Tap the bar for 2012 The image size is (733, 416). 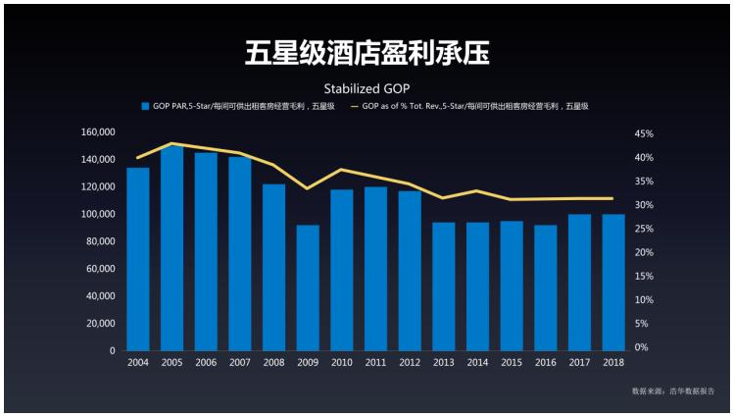click(410, 270)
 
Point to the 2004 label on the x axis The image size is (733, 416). click(138, 363)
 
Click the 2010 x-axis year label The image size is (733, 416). click(342, 363)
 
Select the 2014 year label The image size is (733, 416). click(477, 363)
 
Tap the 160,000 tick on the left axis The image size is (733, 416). click(99, 131)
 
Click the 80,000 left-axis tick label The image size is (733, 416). click(102, 241)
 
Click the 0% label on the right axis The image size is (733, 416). click(642, 347)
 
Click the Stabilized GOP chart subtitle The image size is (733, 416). click(366, 87)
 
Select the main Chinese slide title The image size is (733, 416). click(366, 52)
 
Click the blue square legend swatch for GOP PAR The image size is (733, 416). click(145, 106)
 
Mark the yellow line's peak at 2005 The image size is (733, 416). click(171, 143)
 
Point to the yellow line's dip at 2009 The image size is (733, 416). click(308, 188)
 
